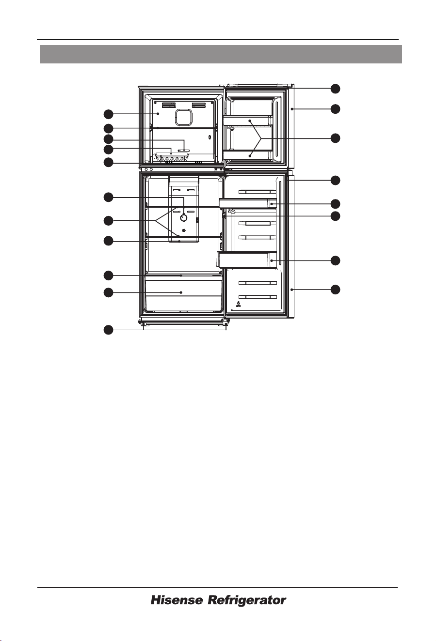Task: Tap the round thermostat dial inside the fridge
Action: (x=183, y=218)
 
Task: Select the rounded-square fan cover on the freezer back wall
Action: (x=184, y=117)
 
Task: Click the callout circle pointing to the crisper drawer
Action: (x=108, y=292)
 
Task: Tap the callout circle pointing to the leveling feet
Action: (x=108, y=330)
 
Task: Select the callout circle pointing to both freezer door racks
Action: (x=336, y=138)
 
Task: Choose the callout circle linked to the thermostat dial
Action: (x=108, y=198)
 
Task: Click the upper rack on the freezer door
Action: (x=248, y=121)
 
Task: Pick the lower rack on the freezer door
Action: (x=248, y=155)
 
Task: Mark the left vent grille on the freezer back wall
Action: (x=169, y=105)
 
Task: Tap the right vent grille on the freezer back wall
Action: (x=199, y=105)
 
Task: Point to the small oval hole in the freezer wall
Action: (x=210, y=137)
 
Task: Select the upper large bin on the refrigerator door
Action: (x=248, y=203)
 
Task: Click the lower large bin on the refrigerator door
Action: (x=247, y=260)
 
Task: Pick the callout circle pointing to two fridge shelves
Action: (x=108, y=221)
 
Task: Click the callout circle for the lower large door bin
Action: (x=336, y=260)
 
